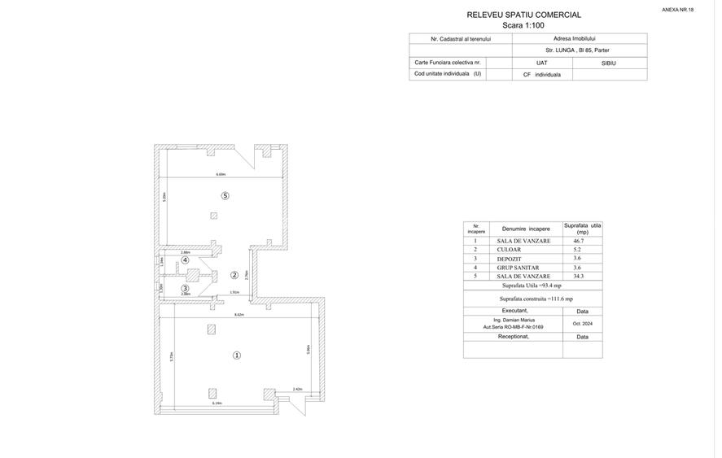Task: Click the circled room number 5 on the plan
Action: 225,195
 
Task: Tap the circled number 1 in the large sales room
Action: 237,355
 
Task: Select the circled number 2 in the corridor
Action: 234,275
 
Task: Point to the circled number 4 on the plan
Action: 186,260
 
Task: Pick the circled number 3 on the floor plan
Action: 186,288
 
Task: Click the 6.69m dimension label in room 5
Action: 221,174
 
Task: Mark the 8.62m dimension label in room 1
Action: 239,314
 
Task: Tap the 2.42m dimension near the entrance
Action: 298,389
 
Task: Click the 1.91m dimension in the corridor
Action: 234,292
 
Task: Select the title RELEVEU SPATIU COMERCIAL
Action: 523,15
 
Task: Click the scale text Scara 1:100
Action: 523,25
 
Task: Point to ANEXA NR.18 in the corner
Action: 677,10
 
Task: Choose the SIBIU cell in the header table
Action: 609,63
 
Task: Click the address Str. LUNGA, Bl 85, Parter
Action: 577,50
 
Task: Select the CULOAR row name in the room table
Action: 509,250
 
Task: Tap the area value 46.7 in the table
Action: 578,241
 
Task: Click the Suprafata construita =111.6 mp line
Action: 536,299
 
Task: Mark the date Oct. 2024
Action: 582,324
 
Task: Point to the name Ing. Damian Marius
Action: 514,320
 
